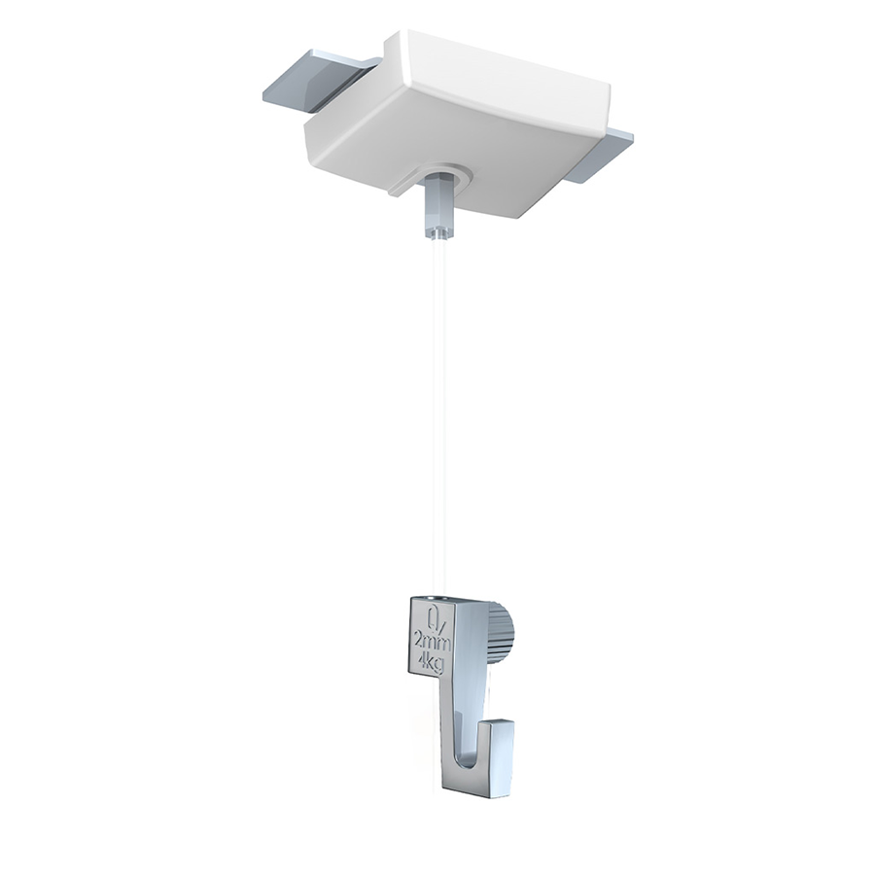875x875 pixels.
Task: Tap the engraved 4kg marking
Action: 429,658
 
